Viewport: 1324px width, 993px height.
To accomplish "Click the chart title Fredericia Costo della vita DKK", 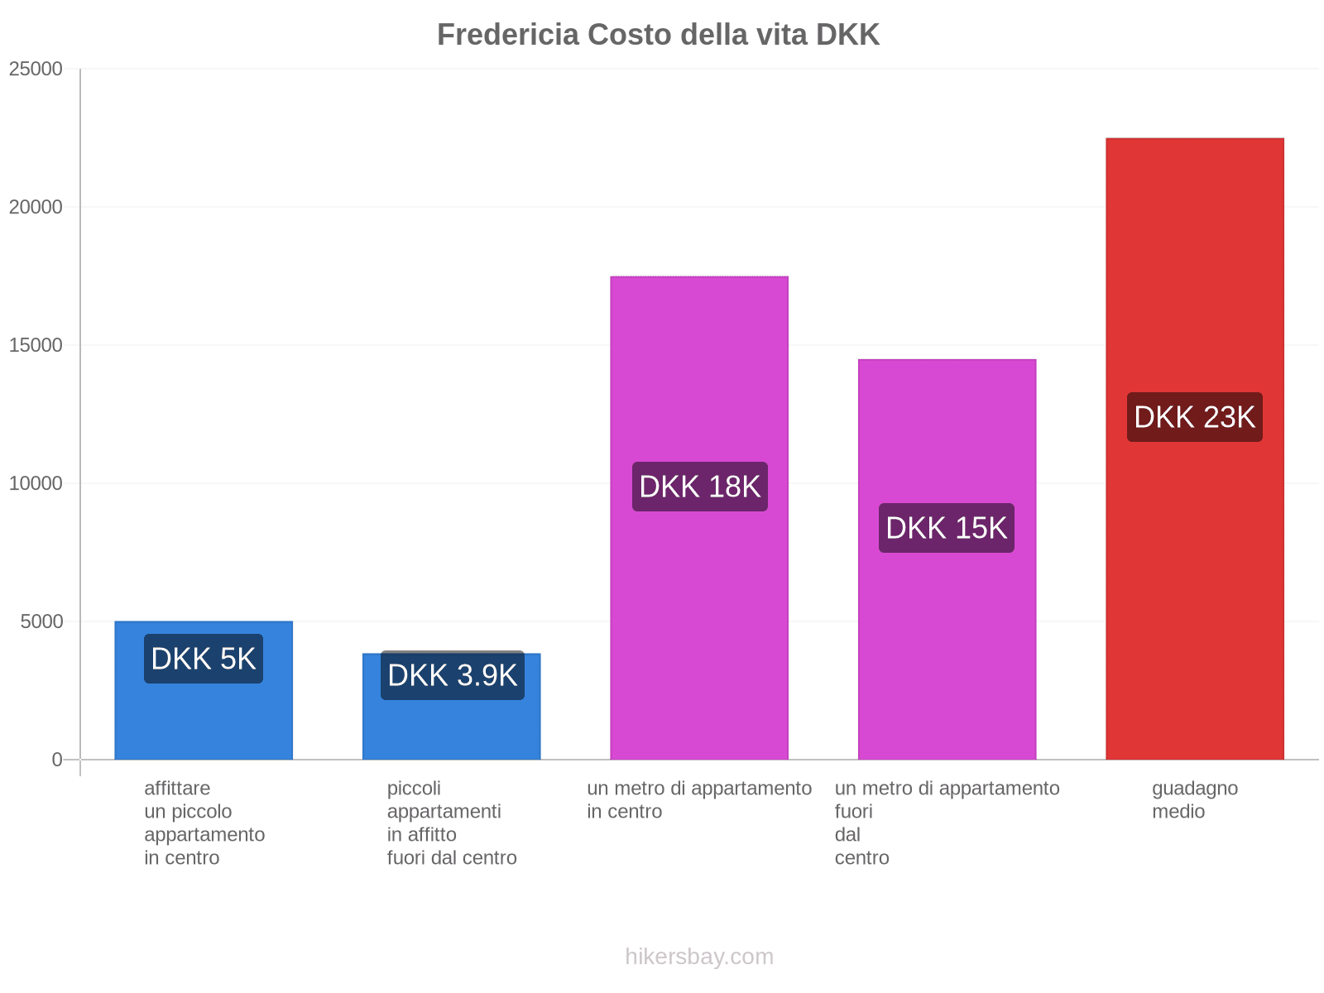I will pos(658,35).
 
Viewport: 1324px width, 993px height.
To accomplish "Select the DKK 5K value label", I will pos(204,659).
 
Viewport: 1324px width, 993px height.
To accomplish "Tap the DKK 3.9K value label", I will pos(452,675).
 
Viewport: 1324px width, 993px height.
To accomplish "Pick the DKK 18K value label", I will pos(699,487).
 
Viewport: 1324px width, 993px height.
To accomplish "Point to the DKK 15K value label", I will pos(946,528).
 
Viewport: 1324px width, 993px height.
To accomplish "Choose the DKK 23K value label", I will pos(1194,417).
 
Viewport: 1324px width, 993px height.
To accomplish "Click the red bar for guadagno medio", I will pos(1194,248).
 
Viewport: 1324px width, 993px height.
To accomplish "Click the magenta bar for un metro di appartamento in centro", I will pos(699,372).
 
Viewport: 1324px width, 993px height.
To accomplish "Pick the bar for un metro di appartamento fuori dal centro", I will pos(947,430).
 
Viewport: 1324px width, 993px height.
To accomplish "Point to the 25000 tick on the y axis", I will pos(36,69).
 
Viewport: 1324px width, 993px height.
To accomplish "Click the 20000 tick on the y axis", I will pos(36,207).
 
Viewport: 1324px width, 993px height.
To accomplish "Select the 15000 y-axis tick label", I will pos(36,345).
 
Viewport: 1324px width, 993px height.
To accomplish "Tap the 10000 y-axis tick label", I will pos(36,483).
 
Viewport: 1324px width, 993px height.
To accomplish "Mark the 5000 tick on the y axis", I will pos(41,621).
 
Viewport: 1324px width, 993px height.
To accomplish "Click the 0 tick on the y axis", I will pos(57,760).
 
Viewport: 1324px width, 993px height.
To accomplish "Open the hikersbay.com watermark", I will pos(699,957).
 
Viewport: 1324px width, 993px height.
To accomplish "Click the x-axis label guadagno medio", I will pos(1194,799).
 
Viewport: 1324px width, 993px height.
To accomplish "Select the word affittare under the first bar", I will pos(177,788).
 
